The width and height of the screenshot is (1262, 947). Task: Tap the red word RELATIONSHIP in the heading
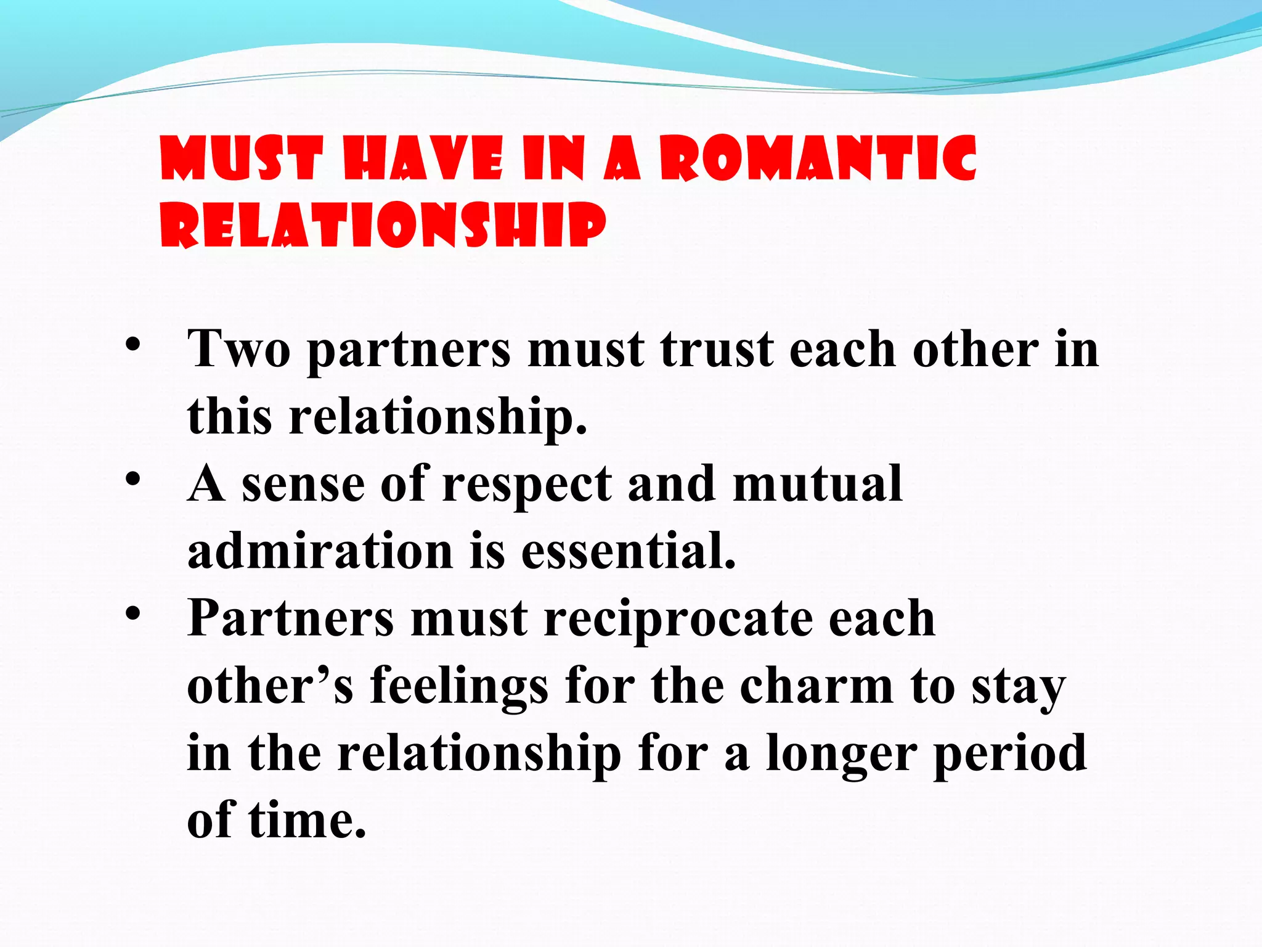(x=383, y=225)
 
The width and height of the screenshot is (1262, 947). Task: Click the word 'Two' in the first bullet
(x=238, y=350)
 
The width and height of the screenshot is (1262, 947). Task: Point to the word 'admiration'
(x=320, y=551)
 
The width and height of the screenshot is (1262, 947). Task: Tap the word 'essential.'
(x=629, y=551)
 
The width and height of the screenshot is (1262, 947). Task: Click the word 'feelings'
(x=459, y=687)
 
